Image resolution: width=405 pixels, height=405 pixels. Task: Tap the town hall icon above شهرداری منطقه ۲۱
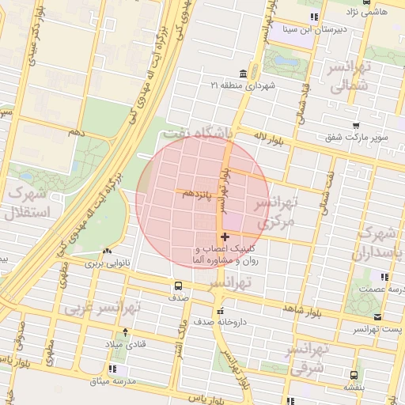click(241, 73)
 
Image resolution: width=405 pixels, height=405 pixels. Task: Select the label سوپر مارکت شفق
click(356, 137)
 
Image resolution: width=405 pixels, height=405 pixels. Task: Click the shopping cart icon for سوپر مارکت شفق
click(356, 125)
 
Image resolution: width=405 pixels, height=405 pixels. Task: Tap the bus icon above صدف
click(178, 286)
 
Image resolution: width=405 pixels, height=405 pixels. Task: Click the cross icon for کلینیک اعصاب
click(225, 237)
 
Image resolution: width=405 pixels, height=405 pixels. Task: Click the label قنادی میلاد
click(126, 344)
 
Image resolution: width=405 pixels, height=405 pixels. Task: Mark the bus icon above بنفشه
click(353, 376)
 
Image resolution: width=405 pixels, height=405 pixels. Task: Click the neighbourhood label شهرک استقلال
click(27, 202)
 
